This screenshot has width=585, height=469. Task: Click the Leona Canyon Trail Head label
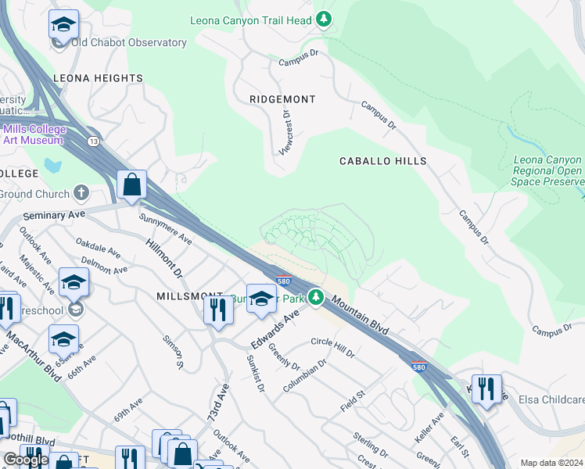click(251, 20)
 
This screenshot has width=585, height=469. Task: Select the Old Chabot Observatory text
click(129, 43)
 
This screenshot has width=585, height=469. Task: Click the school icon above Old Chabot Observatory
click(63, 24)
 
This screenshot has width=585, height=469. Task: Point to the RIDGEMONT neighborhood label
click(282, 99)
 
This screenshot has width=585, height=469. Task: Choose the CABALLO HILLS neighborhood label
click(382, 161)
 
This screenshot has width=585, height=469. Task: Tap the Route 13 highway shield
click(93, 141)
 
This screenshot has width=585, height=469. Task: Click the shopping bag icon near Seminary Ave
click(132, 185)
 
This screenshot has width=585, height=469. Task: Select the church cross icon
click(81, 193)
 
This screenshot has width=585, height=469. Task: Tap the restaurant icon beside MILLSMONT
click(218, 310)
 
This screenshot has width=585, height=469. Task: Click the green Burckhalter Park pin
click(315, 298)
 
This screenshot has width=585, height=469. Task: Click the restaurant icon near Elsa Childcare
click(486, 388)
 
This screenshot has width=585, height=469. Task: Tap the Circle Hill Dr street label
click(333, 348)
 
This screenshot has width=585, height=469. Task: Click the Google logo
click(27, 459)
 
